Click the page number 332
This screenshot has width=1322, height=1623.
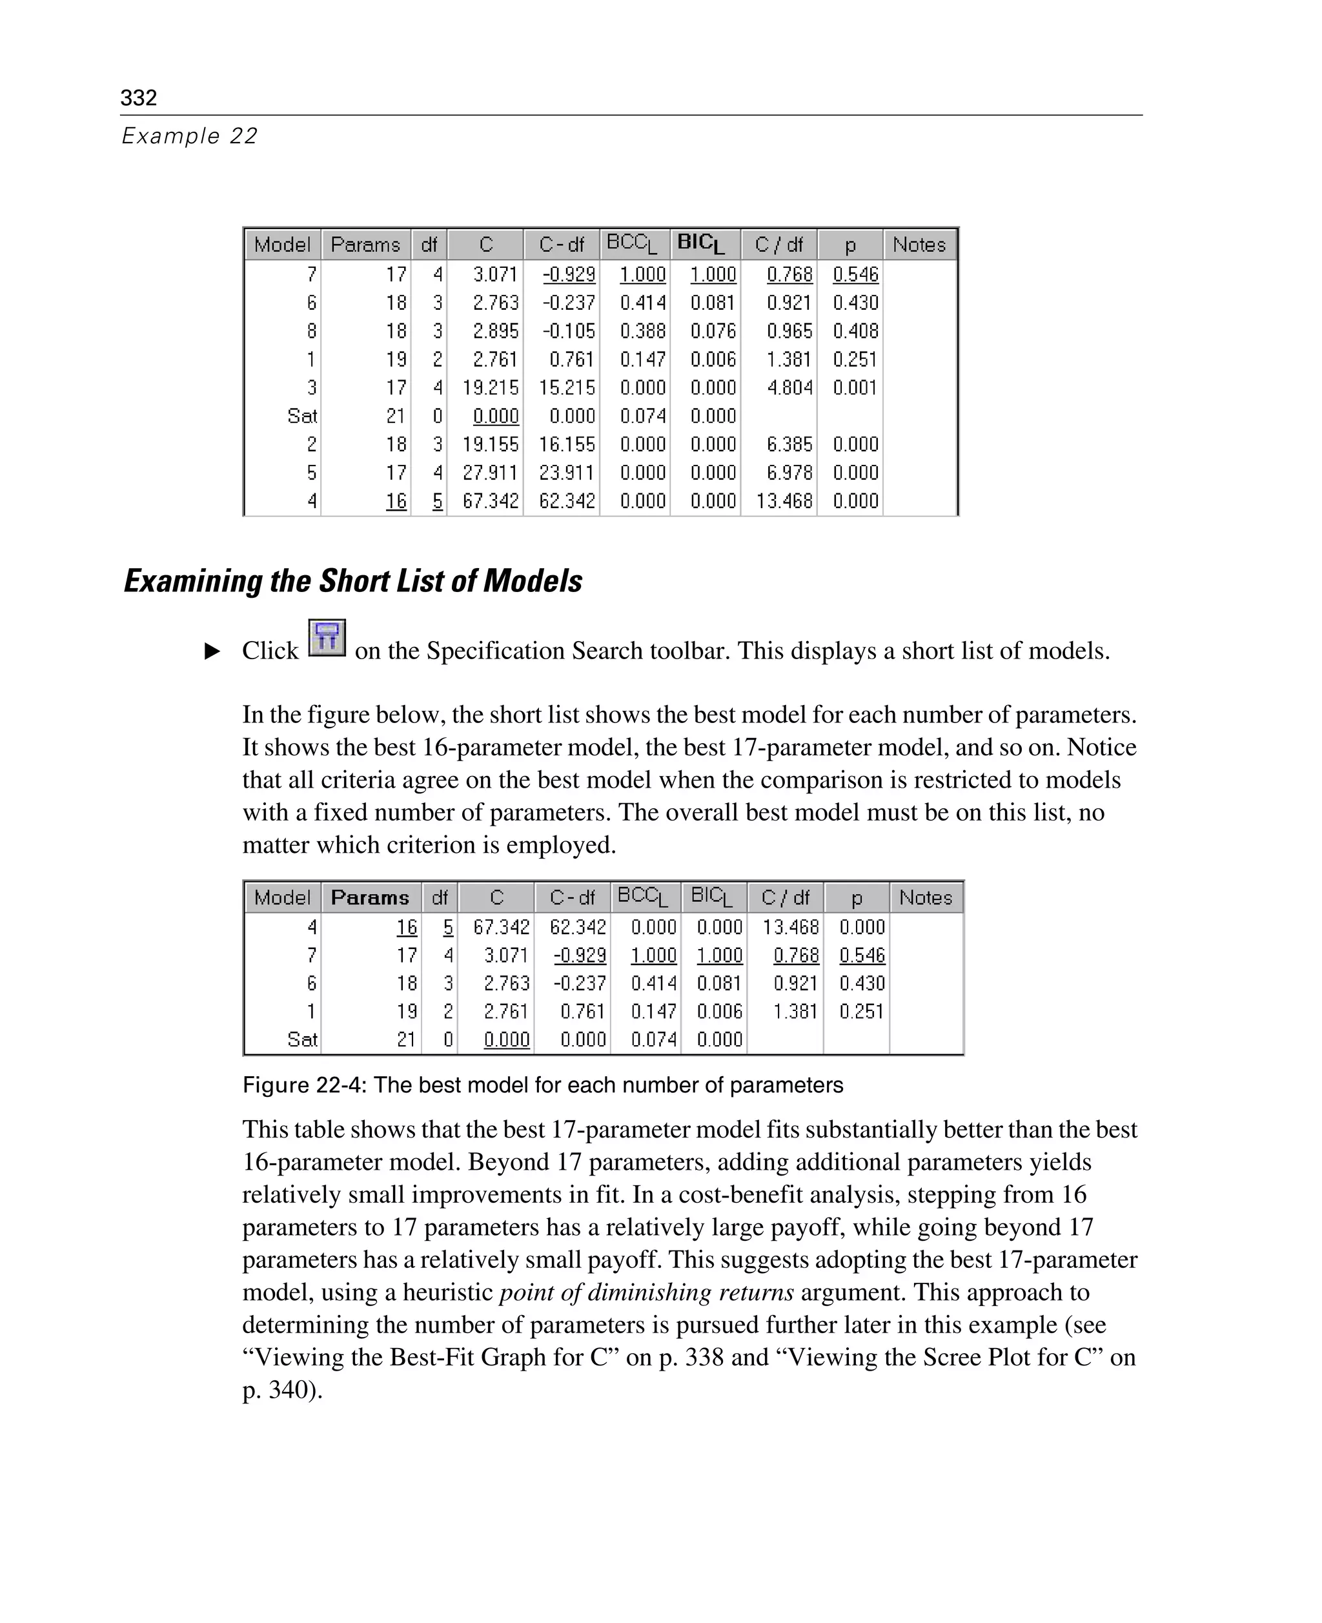(139, 97)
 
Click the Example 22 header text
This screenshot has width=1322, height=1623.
(190, 136)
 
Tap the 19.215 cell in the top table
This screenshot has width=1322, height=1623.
(491, 387)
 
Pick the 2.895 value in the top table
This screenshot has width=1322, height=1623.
(495, 331)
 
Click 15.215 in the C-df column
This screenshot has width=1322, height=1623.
(567, 387)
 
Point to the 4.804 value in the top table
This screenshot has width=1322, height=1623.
(789, 387)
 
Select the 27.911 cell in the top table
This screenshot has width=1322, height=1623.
(491, 473)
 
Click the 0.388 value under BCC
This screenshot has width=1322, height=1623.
(642, 331)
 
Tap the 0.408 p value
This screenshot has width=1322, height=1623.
(855, 331)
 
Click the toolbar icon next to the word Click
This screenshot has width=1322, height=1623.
(327, 638)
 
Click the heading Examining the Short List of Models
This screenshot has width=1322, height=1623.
(352, 581)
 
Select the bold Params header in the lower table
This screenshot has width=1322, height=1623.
(370, 897)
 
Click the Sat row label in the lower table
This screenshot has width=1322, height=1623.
(301, 1039)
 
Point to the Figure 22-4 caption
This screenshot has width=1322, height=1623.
(542, 1085)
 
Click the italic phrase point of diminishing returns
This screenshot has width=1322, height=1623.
(646, 1292)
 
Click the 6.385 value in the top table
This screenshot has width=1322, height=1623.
(789, 445)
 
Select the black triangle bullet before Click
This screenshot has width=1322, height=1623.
(212, 651)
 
